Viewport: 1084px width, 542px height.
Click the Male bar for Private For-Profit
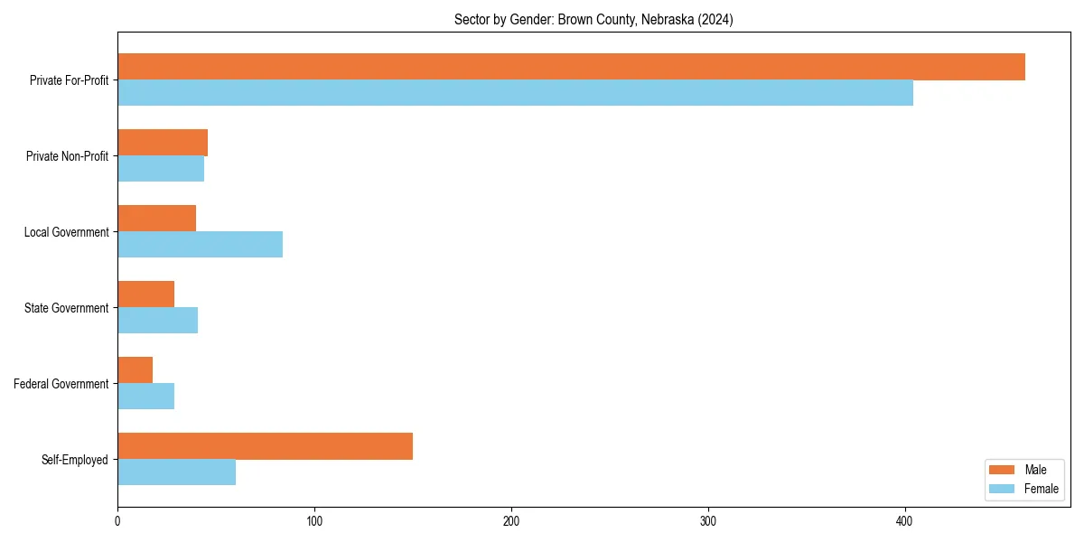coord(571,67)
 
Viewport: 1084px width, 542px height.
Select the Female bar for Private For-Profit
coord(515,93)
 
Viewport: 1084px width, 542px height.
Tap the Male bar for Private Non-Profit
coord(163,143)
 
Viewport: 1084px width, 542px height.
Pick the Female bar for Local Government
coord(200,245)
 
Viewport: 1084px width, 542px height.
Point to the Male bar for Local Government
coord(156,219)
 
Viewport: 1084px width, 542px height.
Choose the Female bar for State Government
coord(157,321)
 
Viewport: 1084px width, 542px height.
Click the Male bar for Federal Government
coord(135,370)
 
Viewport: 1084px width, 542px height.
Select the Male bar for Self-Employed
coord(265,446)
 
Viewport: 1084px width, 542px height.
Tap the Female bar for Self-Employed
coord(176,472)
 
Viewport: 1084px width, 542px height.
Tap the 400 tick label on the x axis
coord(905,521)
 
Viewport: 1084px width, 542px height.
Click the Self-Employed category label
coord(75,460)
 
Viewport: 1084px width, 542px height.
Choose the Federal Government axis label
coord(61,384)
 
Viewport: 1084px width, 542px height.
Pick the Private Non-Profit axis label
coord(67,156)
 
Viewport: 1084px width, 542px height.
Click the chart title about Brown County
coord(593,20)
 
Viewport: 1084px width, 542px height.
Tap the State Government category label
coord(67,308)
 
